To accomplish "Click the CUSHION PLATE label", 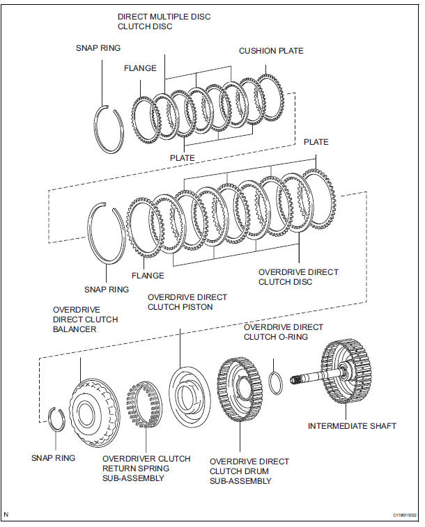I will coord(271,51).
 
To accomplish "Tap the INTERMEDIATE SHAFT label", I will coord(353,425).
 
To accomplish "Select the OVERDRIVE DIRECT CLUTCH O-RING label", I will coord(283,331).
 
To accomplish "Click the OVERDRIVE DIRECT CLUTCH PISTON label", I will coord(187,301).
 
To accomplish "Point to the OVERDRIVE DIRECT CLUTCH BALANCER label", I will coord(85,320).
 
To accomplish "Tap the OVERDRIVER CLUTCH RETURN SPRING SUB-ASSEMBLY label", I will coord(146,468).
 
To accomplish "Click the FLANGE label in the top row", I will coord(140,68).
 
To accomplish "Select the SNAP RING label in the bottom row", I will coord(53,458).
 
